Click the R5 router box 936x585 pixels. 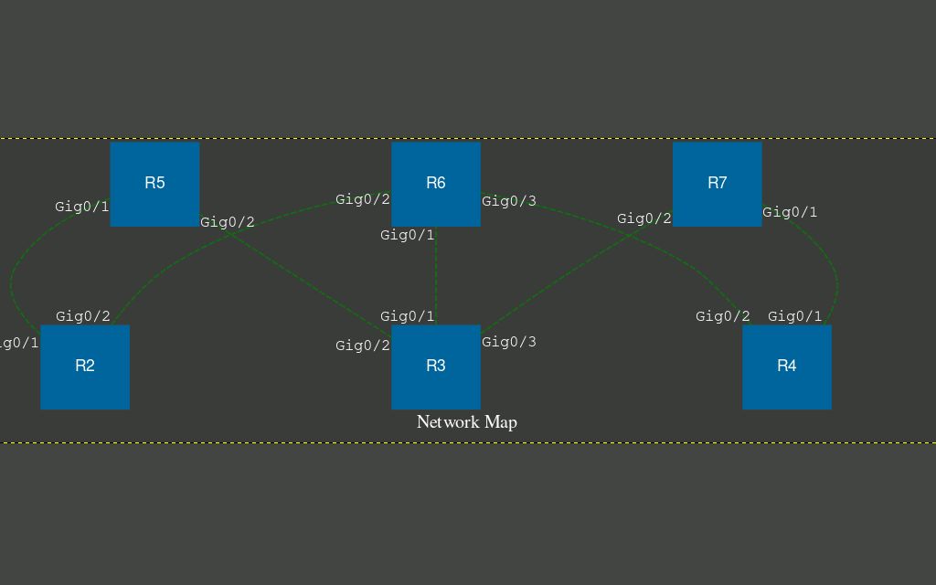pos(154,184)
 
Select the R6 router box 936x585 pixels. pos(436,184)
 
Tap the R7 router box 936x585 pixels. pos(718,184)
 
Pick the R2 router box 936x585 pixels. pos(85,367)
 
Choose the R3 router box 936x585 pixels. pos(436,367)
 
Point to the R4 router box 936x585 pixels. pos(787,367)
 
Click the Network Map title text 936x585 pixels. pos(467,422)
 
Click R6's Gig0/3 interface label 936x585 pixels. pos(509,201)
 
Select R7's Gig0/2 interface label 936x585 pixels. pos(643,218)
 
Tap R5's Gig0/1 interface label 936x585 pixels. pos(81,207)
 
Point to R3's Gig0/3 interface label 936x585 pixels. pos(509,342)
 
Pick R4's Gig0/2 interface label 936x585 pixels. pos(722,316)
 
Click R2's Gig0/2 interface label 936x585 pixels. pos(82,316)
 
